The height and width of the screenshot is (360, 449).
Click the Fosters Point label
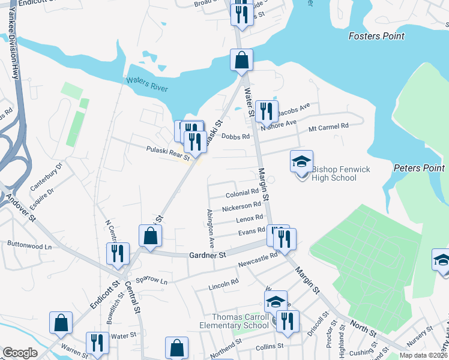[x=376, y=36]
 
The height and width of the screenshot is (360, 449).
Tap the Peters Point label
[x=419, y=168]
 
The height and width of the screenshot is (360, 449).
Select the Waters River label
[x=146, y=85]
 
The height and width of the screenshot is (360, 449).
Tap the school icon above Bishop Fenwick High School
[x=301, y=161]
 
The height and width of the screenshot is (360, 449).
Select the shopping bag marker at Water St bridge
[x=241, y=60]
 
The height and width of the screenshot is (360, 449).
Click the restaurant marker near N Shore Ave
[x=266, y=111]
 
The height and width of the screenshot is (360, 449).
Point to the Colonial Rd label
[x=242, y=194]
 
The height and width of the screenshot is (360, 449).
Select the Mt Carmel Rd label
[x=328, y=127]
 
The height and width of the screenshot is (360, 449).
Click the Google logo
[x=20, y=352]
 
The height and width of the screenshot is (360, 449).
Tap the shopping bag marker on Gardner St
[x=150, y=236]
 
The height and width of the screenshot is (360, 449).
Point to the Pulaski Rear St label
[x=168, y=154]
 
